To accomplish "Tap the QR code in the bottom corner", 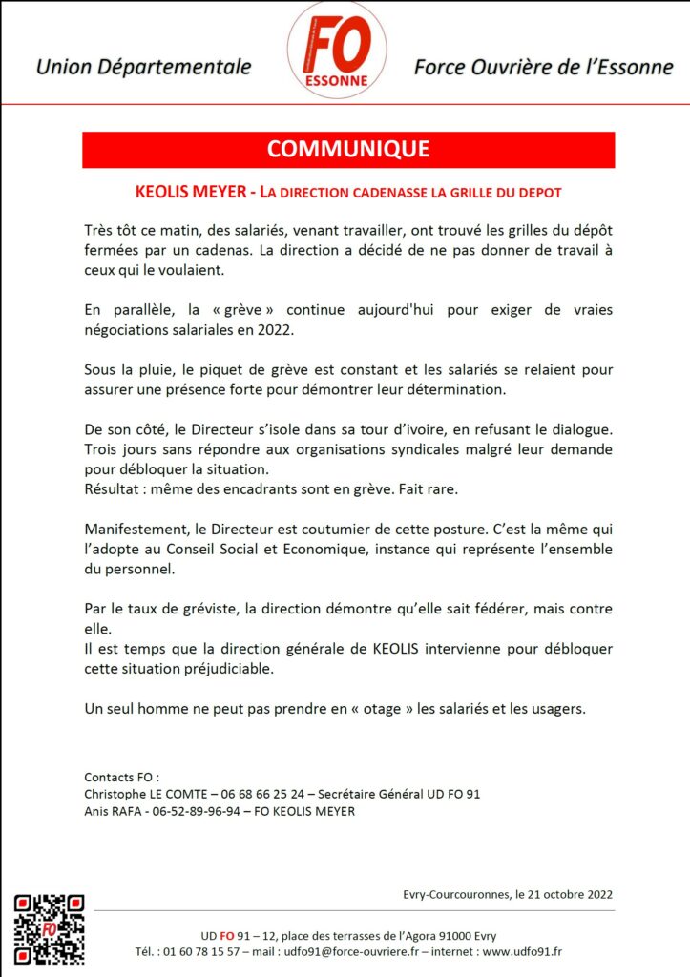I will [49, 929].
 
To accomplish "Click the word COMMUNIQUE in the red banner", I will [348, 149].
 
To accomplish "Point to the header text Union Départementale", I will [143, 68].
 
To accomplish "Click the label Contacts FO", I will [121, 777].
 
